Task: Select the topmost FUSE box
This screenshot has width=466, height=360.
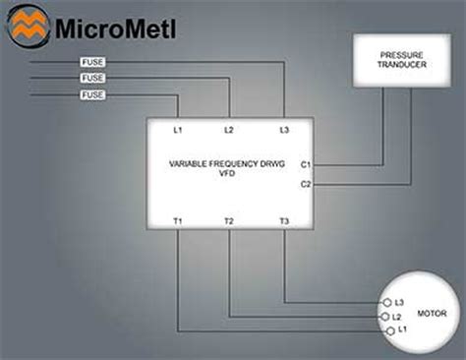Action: point(92,63)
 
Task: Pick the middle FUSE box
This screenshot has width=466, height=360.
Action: point(92,79)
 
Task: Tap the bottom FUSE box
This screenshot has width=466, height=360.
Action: point(92,95)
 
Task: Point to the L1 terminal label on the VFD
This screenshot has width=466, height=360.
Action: point(178,130)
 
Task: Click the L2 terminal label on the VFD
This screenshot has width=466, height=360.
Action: point(229,130)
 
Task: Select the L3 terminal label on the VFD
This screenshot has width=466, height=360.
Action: point(284,130)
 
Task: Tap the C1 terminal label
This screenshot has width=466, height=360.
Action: point(305,164)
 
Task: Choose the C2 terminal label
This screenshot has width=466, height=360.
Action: point(305,184)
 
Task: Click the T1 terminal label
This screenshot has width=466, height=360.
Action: point(178,221)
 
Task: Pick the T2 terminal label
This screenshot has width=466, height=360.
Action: point(229,221)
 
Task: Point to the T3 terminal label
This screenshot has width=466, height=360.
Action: point(284,221)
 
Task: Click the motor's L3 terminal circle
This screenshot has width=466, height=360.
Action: point(386,302)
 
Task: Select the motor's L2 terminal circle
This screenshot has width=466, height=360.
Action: point(384,317)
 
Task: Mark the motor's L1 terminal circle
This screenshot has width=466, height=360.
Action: point(390,331)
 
